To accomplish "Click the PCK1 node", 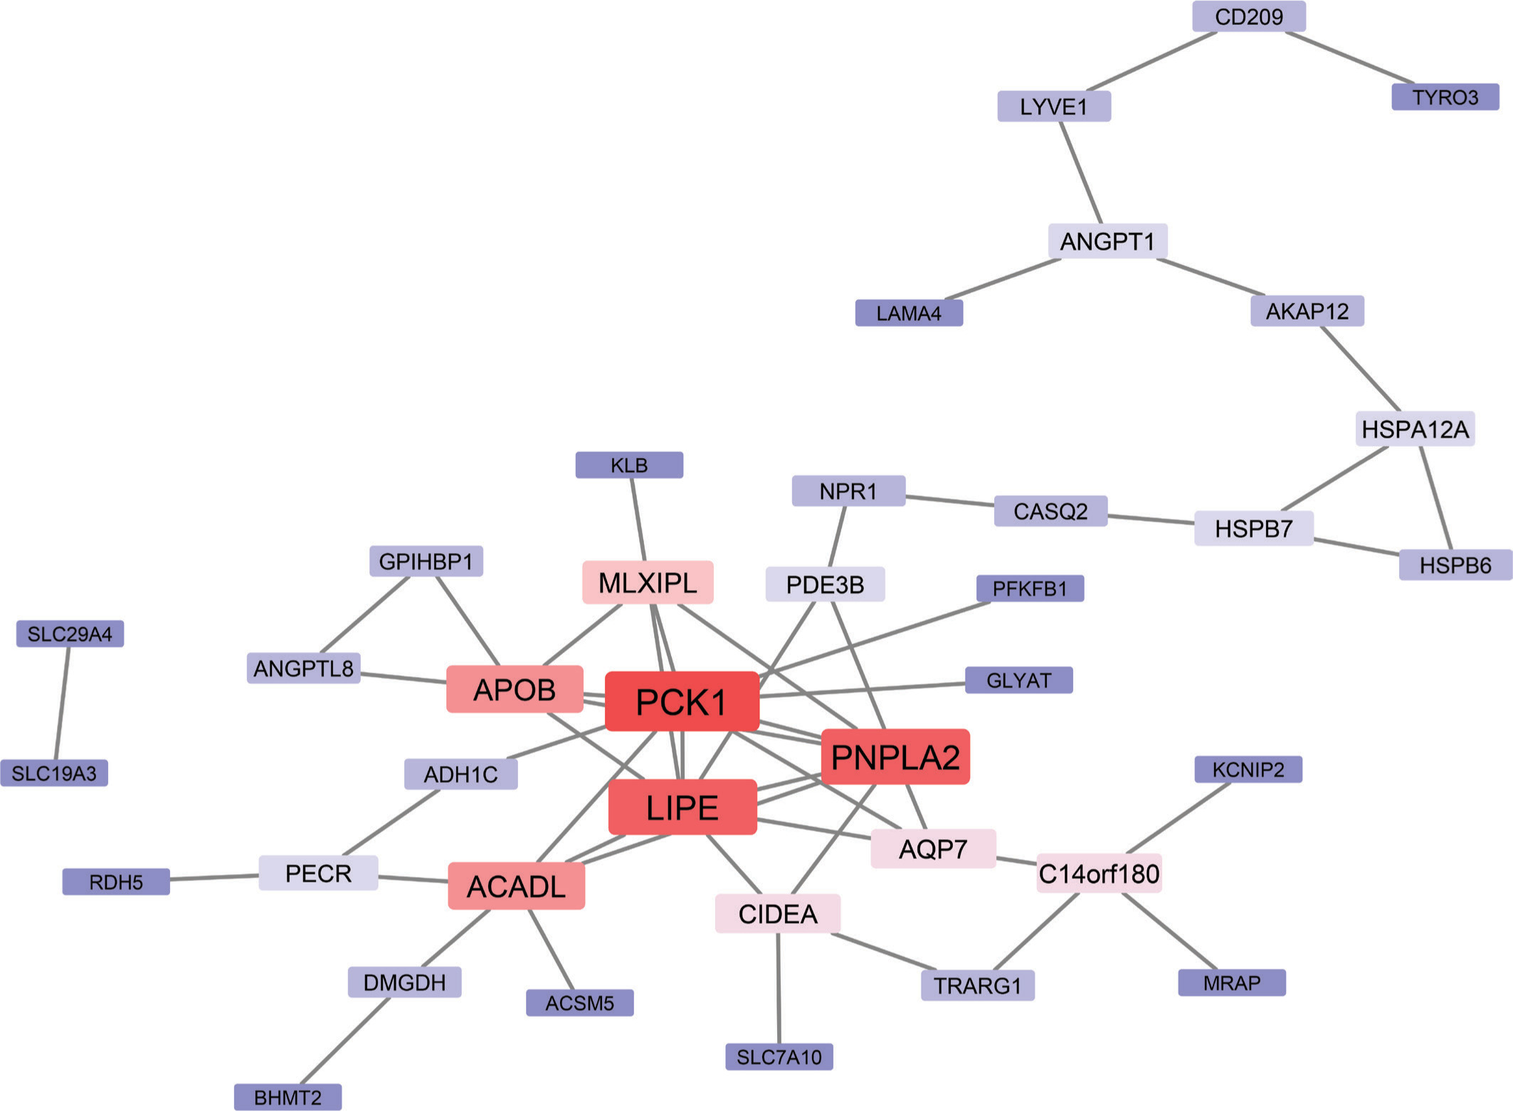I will (x=682, y=702).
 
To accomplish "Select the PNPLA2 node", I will (x=895, y=757).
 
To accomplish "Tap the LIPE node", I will (x=682, y=807).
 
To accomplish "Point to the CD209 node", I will (x=1249, y=16).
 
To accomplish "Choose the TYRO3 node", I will (x=1445, y=97).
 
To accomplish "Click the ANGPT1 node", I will (x=1107, y=241).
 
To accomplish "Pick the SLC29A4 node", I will (x=70, y=633).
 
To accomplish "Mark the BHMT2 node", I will (x=288, y=1097).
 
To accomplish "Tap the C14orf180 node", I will (x=1099, y=873).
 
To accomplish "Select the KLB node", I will (x=629, y=465).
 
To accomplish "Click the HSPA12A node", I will (x=1415, y=429).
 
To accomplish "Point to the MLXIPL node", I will (x=648, y=583).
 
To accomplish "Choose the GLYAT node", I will (x=1018, y=680).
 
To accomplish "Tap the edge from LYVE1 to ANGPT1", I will (x=1081, y=173).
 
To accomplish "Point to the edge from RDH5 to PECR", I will (x=214, y=878).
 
